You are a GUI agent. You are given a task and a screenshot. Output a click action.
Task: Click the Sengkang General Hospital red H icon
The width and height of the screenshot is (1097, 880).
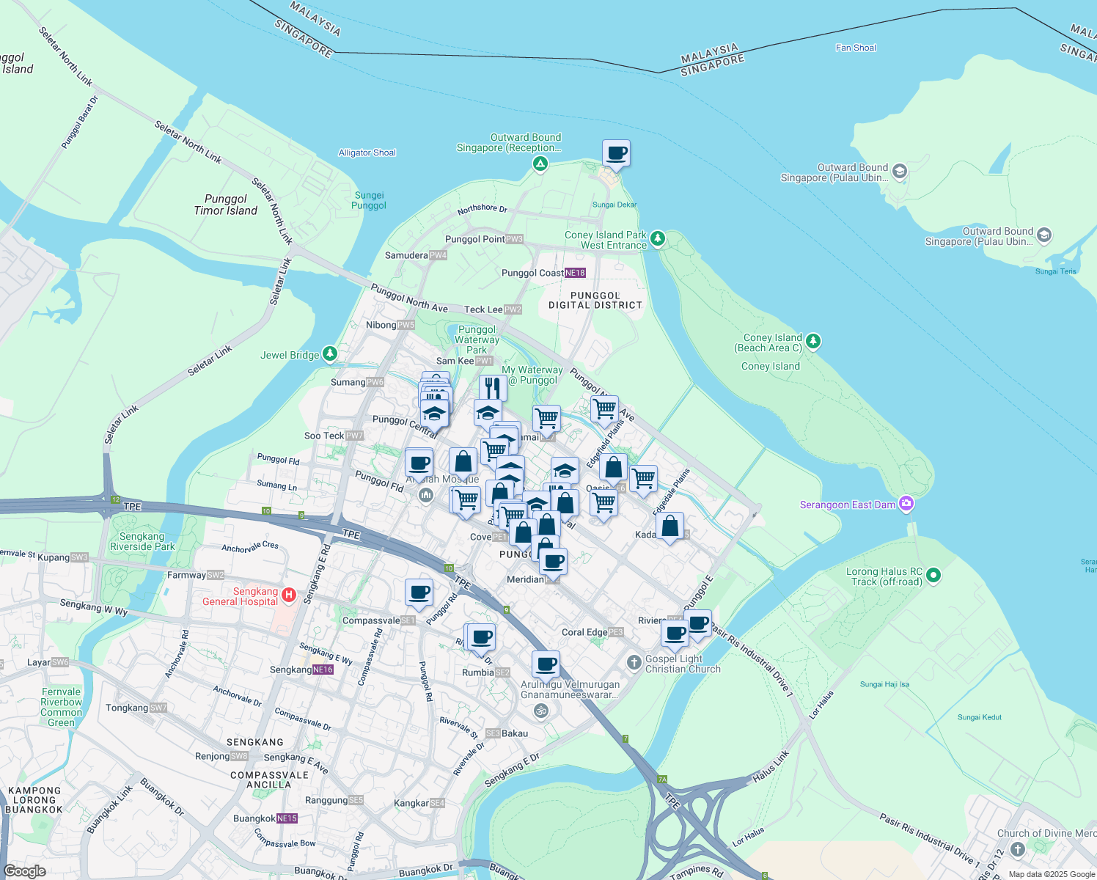click(x=289, y=595)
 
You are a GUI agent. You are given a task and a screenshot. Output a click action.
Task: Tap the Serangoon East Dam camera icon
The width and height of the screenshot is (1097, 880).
click(x=906, y=504)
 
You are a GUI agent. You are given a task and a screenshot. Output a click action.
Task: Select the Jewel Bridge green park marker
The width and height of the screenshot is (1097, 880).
click(x=330, y=354)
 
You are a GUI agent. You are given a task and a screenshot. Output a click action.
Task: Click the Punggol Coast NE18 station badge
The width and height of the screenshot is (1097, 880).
click(x=575, y=273)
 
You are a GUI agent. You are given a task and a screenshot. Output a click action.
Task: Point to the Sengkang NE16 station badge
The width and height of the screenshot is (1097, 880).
click(x=323, y=670)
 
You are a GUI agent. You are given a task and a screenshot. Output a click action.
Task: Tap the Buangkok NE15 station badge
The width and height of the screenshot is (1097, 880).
click(x=287, y=818)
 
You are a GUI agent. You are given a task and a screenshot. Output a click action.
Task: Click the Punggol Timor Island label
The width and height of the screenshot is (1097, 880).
click(x=226, y=205)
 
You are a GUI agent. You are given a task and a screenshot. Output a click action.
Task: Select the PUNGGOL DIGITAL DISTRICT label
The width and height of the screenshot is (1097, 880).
click(x=595, y=300)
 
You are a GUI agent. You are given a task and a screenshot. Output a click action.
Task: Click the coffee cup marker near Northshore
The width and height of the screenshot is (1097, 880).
click(x=616, y=153)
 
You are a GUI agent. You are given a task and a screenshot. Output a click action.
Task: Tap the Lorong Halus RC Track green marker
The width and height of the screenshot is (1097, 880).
click(x=933, y=576)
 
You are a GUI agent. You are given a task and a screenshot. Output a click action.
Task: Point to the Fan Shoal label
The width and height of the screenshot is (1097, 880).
click(x=856, y=48)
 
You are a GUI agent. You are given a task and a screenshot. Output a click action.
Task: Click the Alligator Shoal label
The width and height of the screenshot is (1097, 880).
click(x=367, y=153)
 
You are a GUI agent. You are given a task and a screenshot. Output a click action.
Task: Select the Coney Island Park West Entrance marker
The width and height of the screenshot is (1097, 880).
click(x=658, y=238)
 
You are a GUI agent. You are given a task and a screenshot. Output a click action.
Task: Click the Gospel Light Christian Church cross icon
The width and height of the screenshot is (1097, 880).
click(x=634, y=663)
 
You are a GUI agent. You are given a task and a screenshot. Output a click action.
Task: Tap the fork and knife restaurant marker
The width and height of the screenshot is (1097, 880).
click(x=493, y=387)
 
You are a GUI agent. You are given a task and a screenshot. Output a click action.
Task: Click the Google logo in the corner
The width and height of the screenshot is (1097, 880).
click(x=25, y=870)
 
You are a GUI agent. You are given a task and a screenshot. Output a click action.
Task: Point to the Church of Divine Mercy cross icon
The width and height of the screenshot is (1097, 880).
click(x=1017, y=848)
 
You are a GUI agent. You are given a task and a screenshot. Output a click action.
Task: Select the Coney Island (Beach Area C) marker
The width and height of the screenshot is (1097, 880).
click(x=812, y=341)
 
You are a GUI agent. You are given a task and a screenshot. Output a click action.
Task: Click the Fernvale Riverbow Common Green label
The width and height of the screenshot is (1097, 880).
click(x=62, y=707)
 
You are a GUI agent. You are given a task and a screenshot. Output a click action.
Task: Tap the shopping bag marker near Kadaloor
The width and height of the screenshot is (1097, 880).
click(x=669, y=526)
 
